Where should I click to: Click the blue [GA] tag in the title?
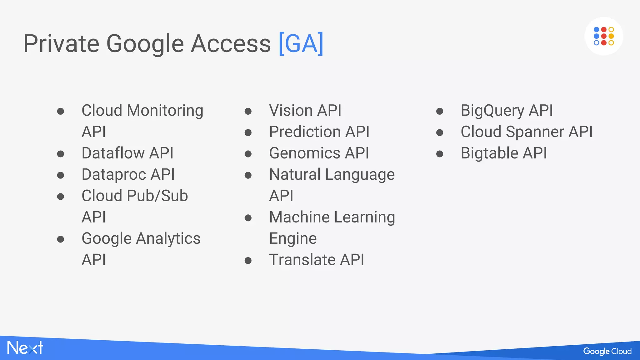(301, 44)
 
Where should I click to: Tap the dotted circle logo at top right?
(603, 36)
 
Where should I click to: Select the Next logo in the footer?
(25, 348)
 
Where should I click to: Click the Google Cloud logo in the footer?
(607, 351)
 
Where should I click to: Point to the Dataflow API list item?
(127, 153)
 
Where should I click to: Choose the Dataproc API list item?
(128, 174)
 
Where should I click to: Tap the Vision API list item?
(305, 111)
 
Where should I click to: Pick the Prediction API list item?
(319, 132)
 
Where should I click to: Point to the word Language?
(360, 175)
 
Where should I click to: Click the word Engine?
(293, 239)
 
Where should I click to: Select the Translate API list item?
(317, 260)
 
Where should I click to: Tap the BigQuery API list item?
(507, 111)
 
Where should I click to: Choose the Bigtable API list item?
(504, 153)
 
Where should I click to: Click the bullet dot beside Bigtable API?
(440, 154)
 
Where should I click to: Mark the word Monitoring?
(165, 111)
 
